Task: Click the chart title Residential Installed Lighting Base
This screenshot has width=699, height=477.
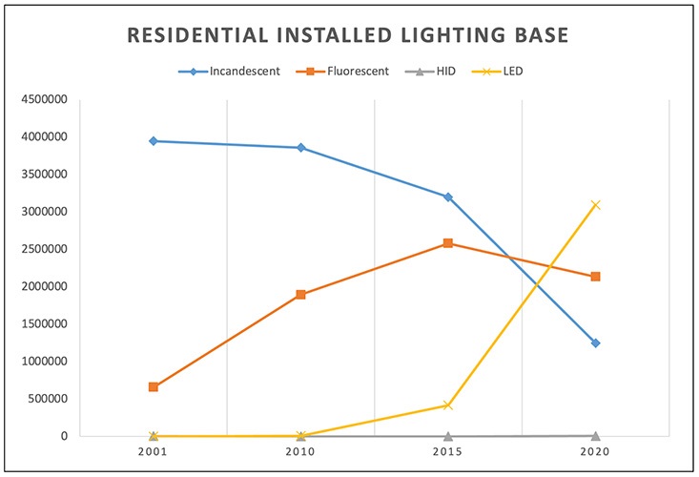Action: (x=349, y=36)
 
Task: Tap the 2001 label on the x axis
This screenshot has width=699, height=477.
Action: (x=153, y=450)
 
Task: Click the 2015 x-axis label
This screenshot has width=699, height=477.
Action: (x=448, y=450)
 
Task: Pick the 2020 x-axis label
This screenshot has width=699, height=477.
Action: (x=596, y=450)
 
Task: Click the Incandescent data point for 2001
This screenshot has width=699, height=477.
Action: (x=153, y=141)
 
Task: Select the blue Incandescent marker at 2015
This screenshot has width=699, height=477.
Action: (x=448, y=197)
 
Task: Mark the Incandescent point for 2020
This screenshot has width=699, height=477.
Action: (x=596, y=342)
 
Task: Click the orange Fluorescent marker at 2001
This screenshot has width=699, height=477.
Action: (x=153, y=386)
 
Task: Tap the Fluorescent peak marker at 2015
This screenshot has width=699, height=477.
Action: (x=448, y=243)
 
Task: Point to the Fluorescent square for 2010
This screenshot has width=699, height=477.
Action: (x=300, y=295)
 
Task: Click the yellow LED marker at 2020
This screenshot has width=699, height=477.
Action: (x=596, y=204)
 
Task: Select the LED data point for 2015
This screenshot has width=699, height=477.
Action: (x=448, y=405)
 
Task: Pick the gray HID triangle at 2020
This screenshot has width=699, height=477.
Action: (x=596, y=435)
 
